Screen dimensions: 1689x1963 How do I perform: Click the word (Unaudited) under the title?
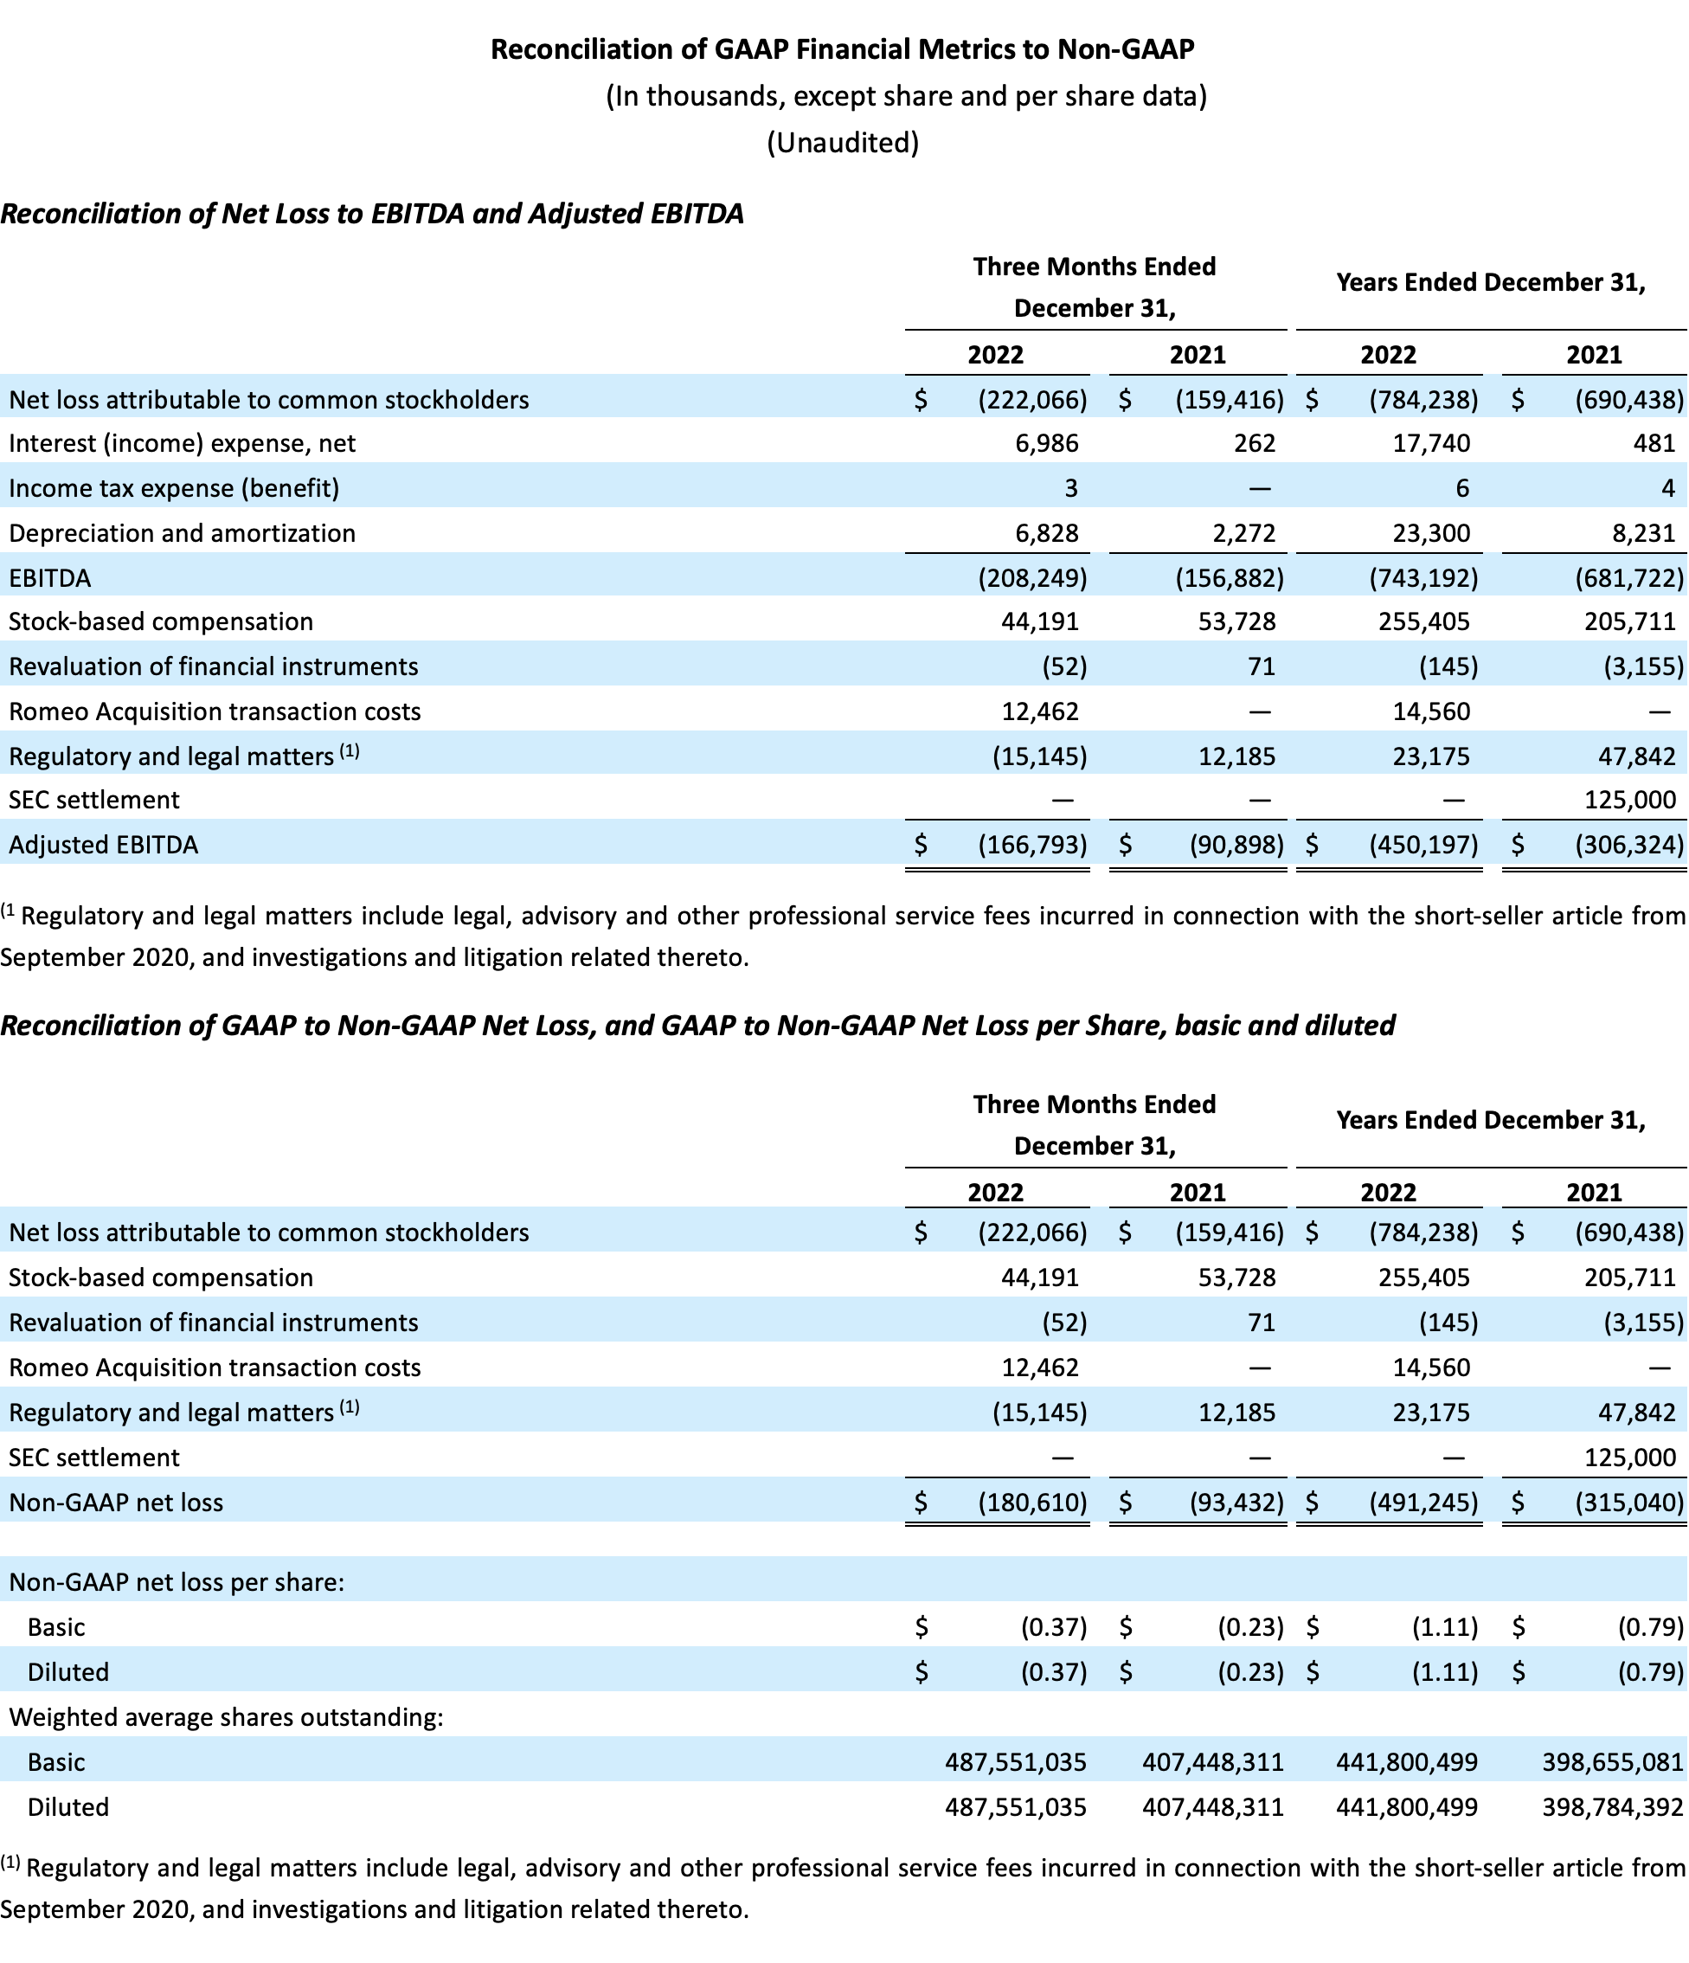(842, 142)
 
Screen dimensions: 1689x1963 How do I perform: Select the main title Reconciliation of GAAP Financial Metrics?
(842, 49)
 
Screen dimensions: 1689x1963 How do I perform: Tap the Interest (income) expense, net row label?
(182, 443)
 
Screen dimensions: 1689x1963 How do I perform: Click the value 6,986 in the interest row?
(1046, 443)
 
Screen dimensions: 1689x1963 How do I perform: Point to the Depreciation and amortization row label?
(182, 533)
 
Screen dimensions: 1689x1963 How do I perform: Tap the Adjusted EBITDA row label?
(103, 845)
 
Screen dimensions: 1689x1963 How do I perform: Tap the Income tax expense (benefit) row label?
(173, 488)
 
